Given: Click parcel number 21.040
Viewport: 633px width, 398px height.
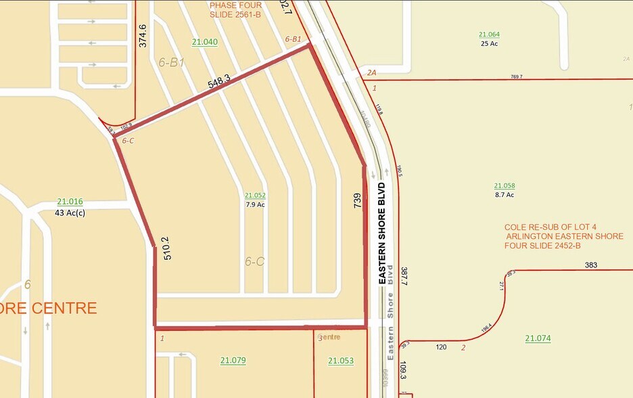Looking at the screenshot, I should click(205, 42).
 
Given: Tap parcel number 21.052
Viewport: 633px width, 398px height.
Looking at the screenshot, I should click(255, 195).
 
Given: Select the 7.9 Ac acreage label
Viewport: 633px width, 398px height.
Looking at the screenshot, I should click(255, 204).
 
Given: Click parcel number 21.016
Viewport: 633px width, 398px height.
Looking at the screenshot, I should click(70, 202).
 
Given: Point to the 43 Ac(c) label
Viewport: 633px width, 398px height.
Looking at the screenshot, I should click(70, 213).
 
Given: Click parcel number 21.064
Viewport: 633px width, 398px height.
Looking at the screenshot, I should click(489, 35).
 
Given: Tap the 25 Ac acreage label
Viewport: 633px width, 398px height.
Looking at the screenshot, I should click(489, 44).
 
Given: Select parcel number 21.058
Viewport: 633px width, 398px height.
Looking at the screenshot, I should click(505, 185).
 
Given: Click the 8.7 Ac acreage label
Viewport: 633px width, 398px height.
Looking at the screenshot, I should click(505, 195).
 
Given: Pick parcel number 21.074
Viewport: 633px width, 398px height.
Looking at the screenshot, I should click(538, 338).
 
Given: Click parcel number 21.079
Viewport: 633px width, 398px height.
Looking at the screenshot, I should click(233, 361).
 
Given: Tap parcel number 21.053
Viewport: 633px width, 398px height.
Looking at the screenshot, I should click(341, 361).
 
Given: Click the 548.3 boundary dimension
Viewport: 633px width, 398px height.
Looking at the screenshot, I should click(219, 82).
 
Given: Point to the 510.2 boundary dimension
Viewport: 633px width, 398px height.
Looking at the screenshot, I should click(164, 248).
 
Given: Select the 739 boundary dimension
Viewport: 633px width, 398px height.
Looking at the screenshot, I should click(358, 200).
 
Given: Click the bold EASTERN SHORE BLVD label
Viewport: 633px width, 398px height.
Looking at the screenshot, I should click(382, 232).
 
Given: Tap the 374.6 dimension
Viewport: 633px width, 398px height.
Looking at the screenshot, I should click(143, 36).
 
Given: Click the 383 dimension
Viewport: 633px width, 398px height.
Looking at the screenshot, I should click(591, 265).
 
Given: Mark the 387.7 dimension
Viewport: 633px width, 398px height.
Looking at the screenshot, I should click(404, 280).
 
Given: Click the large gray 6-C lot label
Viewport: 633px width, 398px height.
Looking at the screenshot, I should click(254, 261).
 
